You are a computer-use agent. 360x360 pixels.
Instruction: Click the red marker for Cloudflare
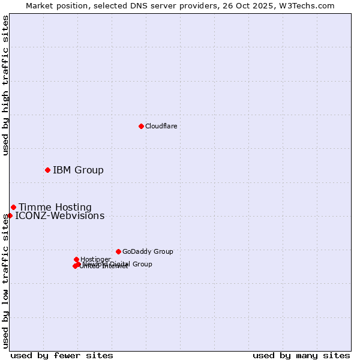[x=141, y=126]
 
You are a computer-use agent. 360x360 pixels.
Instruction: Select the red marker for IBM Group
[x=47, y=170]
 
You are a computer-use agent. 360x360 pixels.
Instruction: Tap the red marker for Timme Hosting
[x=13, y=207]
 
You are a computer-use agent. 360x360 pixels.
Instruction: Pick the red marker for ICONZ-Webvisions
[x=10, y=215]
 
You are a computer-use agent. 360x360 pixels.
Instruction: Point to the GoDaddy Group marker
[x=118, y=251]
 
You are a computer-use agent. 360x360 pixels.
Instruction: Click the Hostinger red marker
[x=76, y=259]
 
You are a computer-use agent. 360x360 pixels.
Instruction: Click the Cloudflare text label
[x=161, y=126]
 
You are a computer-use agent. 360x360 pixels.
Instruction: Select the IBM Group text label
[x=78, y=170]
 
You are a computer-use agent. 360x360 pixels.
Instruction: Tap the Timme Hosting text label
[x=55, y=208]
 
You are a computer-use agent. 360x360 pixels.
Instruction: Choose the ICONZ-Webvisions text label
[x=59, y=216]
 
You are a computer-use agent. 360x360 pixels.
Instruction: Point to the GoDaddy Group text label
[x=148, y=252]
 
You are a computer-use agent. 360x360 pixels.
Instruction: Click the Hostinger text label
[x=95, y=259]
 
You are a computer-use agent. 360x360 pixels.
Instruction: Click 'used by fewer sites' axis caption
[x=62, y=355]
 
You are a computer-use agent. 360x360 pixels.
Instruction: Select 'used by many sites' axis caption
[x=301, y=355]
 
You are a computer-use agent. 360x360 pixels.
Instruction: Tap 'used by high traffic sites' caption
[x=6, y=85]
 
